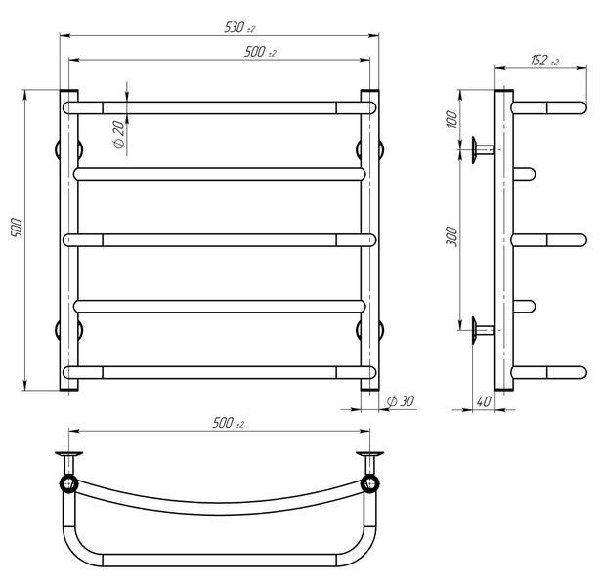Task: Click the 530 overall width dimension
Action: pyautogui.click(x=239, y=27)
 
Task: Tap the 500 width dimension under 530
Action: pyautogui.click(x=260, y=52)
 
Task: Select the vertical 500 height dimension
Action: pyautogui.click(x=17, y=229)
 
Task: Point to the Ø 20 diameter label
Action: pyautogui.click(x=119, y=135)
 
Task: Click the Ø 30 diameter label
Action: pyautogui.click(x=401, y=401)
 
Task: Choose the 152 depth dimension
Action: pyautogui.click(x=544, y=60)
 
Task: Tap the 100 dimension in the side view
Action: pyautogui.click(x=451, y=119)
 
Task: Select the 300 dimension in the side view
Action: pyautogui.click(x=451, y=236)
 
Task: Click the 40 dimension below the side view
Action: pyautogui.click(x=484, y=401)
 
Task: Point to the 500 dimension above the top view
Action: pyautogui.click(x=228, y=423)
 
